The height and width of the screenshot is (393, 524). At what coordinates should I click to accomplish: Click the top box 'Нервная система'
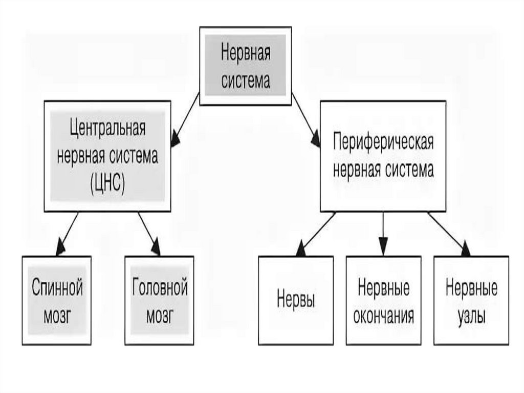click(x=245, y=66)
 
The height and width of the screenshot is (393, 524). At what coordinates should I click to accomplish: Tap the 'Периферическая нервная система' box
click(x=383, y=156)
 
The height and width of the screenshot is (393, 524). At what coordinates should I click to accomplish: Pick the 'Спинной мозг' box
click(x=57, y=300)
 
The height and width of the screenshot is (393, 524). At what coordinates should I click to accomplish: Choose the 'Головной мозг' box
click(x=160, y=300)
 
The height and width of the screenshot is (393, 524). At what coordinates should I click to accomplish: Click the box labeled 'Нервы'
click(x=296, y=300)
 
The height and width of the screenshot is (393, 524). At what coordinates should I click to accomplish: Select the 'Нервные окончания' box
click(x=383, y=300)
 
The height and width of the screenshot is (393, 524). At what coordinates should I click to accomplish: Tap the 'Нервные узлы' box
click(x=471, y=300)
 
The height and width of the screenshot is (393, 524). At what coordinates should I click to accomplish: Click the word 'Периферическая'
click(x=383, y=143)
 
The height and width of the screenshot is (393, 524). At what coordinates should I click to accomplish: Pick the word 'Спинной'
click(x=57, y=286)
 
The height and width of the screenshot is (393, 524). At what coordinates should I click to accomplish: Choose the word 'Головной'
click(x=160, y=286)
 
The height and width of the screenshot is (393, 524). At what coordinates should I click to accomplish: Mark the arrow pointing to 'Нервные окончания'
click(x=383, y=234)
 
